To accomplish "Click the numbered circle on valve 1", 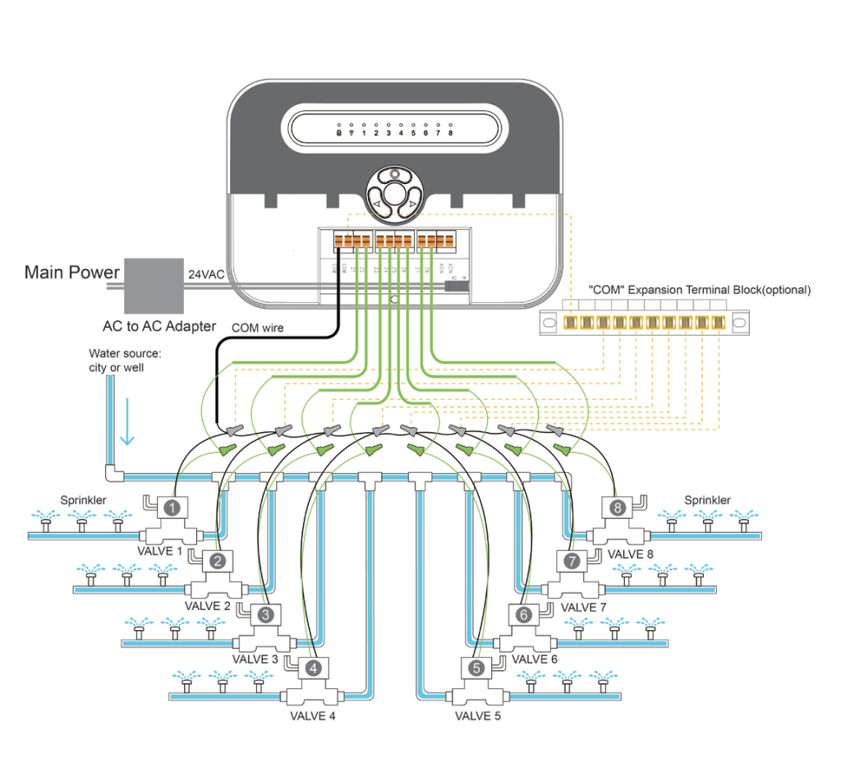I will [172, 508].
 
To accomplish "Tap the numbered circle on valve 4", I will [314, 668].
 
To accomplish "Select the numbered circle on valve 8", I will [618, 508].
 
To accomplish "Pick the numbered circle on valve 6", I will [525, 613].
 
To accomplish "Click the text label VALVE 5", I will [478, 715].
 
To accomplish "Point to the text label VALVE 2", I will [207, 606].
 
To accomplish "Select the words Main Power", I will [72, 272].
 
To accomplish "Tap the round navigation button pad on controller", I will [395, 195].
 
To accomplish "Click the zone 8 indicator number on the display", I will [450, 133].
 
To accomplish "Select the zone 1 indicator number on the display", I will [363, 133].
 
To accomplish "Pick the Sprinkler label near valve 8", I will [707, 500].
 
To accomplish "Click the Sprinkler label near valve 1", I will [84, 499].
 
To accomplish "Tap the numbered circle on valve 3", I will [264, 613].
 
